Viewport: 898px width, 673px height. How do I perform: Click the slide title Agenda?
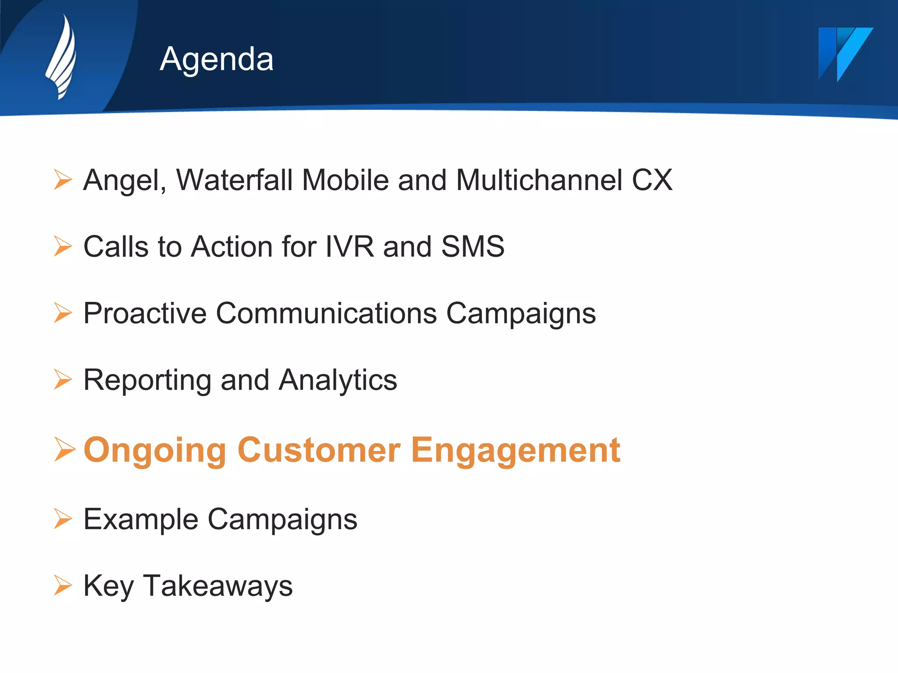[217, 59]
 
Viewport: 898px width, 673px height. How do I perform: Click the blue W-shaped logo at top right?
[845, 53]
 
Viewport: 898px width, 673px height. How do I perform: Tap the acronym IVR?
[349, 246]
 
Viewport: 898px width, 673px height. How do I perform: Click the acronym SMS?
[473, 246]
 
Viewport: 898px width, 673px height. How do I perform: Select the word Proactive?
[145, 314]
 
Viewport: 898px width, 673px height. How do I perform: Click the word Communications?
[326, 314]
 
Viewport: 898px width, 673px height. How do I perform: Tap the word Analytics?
[338, 380]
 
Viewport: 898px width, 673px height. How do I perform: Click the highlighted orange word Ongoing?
[155, 450]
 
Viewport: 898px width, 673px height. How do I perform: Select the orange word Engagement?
[516, 450]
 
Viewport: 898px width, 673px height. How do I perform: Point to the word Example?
[141, 519]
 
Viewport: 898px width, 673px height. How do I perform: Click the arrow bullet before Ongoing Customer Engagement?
[64, 449]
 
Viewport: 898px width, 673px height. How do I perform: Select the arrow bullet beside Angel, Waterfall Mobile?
[63, 180]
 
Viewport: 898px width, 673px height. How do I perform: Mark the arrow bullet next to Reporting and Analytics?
[63, 379]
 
